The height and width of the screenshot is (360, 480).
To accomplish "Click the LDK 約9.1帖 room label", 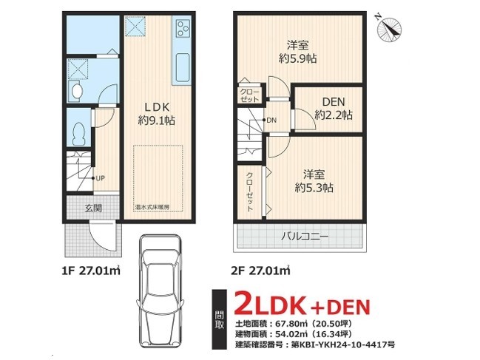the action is [157, 114].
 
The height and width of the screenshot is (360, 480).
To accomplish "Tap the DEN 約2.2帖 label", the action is [334, 108].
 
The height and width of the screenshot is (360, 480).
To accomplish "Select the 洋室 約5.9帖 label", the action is [297, 52].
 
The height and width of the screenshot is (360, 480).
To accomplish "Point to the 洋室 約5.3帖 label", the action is [314, 181].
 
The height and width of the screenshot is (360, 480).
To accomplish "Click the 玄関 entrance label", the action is [93, 208].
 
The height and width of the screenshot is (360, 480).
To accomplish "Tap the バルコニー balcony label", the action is [305, 237].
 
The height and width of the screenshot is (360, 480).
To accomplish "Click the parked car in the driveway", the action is [160, 291].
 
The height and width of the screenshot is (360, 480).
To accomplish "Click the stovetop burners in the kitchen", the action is [183, 28].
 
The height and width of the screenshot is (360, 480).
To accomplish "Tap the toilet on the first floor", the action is [78, 134].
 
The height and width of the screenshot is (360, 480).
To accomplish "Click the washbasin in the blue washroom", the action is [75, 90].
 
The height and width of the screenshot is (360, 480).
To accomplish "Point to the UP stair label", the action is [100, 178].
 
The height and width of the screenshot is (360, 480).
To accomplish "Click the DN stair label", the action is [271, 120].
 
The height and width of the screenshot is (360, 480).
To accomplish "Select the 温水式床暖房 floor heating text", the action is [152, 207].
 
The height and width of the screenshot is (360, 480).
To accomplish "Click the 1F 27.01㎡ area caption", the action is [91, 271].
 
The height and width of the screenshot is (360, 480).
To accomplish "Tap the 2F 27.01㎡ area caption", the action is [260, 271].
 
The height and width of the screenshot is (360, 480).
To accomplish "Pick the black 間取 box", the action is [219, 319].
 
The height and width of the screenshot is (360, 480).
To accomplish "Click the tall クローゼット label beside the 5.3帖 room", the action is [250, 191].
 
